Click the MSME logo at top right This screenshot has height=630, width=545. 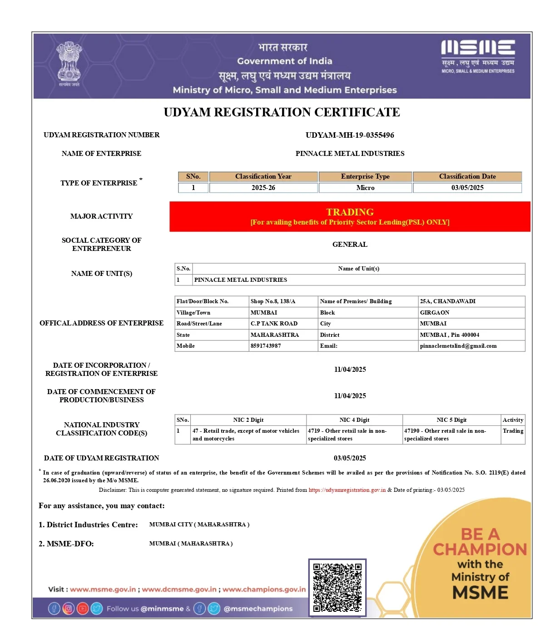(x=478, y=56)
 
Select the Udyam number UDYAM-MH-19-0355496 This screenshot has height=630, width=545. (x=350, y=135)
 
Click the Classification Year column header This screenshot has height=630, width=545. (x=263, y=176)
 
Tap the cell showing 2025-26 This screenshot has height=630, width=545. (x=263, y=188)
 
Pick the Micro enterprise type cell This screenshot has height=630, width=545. (x=365, y=188)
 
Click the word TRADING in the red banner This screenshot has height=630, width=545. (x=350, y=212)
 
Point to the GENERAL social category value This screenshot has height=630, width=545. (x=350, y=245)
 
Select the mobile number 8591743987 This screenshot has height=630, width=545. (x=266, y=346)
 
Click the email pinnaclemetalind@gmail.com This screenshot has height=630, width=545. (x=458, y=346)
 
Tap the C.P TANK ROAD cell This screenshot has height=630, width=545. (x=274, y=324)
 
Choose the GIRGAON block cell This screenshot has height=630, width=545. (x=435, y=313)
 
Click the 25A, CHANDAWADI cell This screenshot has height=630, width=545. (x=448, y=301)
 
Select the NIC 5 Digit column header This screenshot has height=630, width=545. (x=451, y=420)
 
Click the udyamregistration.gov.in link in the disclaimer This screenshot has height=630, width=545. (x=347, y=490)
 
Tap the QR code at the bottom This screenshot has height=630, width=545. (x=337, y=588)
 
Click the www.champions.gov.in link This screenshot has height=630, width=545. (x=264, y=590)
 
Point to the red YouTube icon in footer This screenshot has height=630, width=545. (x=83, y=609)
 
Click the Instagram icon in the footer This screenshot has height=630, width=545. (x=68, y=609)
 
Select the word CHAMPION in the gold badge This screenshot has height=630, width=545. (x=480, y=550)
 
